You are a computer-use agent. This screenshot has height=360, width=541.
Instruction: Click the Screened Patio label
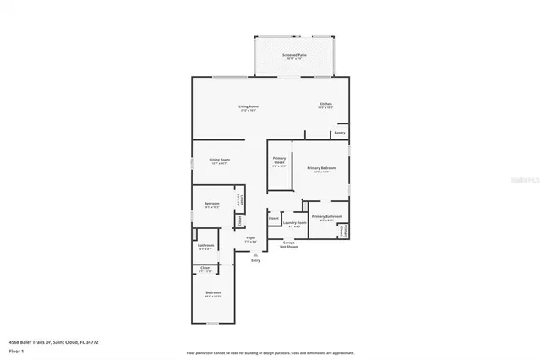click(294, 55)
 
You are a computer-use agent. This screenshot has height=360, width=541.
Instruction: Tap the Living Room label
click(248, 107)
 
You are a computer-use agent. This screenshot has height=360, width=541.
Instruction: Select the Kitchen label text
click(325, 106)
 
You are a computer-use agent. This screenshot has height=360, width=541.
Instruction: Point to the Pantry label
click(340, 133)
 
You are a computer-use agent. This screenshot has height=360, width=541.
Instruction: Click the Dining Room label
click(220, 160)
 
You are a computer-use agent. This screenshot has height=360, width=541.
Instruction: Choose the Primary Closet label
click(279, 161)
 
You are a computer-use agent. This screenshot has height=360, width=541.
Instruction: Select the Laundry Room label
click(296, 225)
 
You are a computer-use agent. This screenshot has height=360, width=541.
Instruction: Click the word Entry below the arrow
click(255, 260)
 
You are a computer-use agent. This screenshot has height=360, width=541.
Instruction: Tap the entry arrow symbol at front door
click(255, 253)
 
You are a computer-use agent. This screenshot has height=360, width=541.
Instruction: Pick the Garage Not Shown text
click(288, 245)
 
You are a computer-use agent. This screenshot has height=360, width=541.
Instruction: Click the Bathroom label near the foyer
click(206, 247)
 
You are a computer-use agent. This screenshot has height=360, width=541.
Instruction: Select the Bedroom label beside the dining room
click(211, 205)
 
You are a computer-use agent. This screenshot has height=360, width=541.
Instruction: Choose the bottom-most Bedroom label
click(212, 294)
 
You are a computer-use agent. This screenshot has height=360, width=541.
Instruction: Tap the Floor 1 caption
click(15, 350)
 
